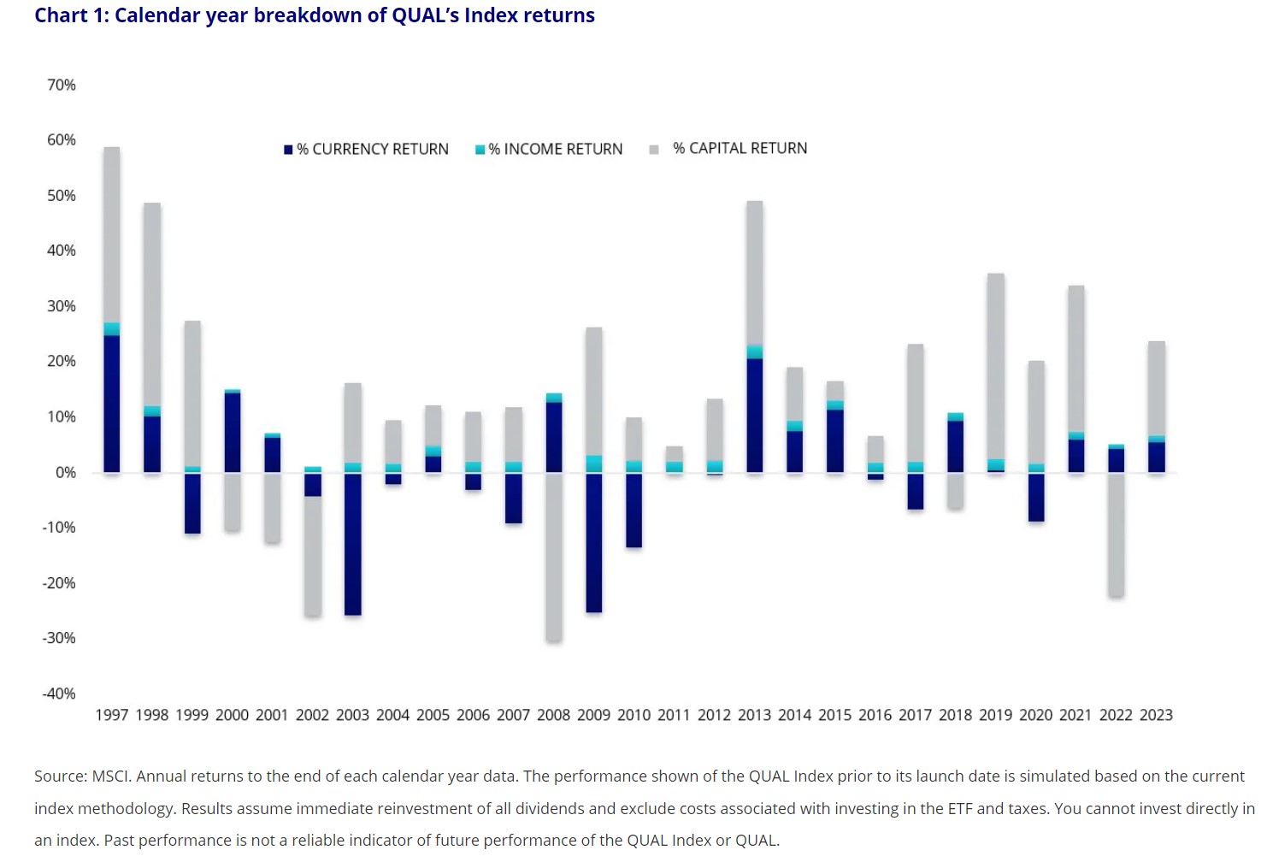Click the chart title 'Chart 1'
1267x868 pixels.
tap(72, 15)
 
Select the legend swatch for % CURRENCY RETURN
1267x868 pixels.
tap(288, 150)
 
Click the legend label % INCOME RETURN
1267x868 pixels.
tap(555, 149)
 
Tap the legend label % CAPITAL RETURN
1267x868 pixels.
tap(740, 148)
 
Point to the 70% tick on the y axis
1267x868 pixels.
tap(62, 85)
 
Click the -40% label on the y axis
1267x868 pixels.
tap(59, 694)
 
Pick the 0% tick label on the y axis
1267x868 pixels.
tap(66, 472)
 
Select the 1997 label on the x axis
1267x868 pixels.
tap(111, 715)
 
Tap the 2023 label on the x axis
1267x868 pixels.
tap(1156, 715)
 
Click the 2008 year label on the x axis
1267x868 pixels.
tap(553, 715)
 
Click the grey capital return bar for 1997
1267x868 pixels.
tap(112, 235)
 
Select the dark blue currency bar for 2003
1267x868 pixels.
tap(352, 543)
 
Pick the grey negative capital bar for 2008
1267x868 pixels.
tap(554, 556)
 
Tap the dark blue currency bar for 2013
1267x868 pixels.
tap(754, 415)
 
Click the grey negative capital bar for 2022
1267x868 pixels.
tap(1116, 534)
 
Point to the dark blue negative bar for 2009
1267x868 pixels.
tap(593, 542)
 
